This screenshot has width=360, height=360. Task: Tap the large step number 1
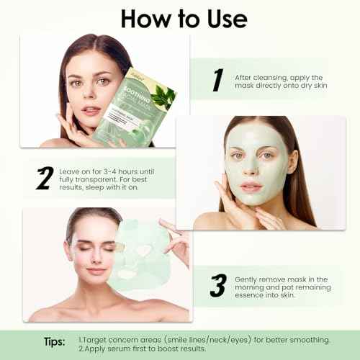tap(217, 81)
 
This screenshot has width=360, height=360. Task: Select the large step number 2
tap(45, 178)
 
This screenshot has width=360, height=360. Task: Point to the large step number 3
tap(217, 285)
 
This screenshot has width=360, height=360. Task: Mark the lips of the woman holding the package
tap(91, 113)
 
